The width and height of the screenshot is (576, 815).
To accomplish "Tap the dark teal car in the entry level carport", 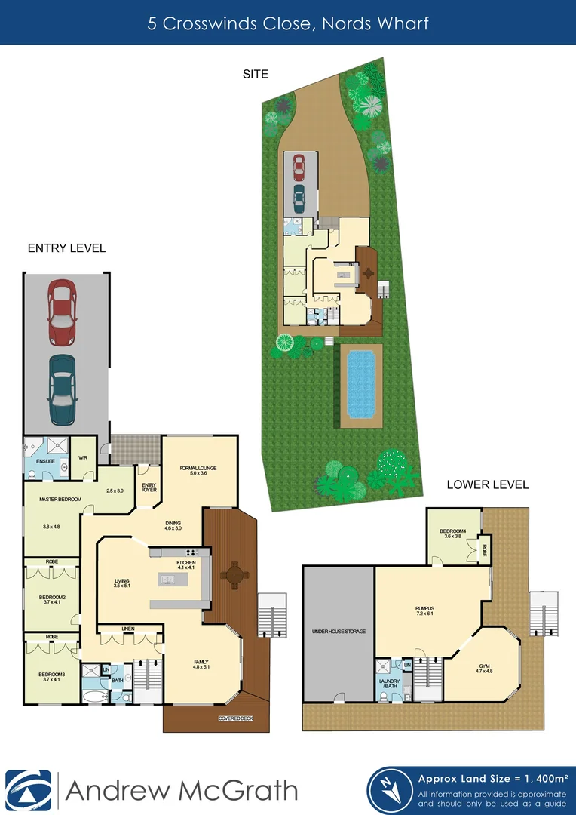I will (63, 389).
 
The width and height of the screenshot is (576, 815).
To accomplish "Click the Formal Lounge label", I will (198, 469).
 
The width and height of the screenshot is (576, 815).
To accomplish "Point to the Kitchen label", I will (185, 563).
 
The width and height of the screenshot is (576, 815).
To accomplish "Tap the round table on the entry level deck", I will (234, 577).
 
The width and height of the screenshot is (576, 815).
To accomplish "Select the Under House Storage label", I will (339, 631).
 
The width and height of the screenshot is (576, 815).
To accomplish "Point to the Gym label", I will (484, 667).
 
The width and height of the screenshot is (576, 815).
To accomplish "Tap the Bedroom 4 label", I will (454, 533).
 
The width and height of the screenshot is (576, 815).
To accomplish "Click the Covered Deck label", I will (235, 718).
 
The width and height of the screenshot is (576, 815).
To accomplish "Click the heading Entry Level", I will (66, 248).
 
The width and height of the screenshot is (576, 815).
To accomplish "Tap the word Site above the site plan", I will (256, 74).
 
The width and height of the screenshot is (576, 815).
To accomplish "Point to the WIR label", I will (84, 457).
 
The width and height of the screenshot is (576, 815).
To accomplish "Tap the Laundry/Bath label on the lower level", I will (389, 684).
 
